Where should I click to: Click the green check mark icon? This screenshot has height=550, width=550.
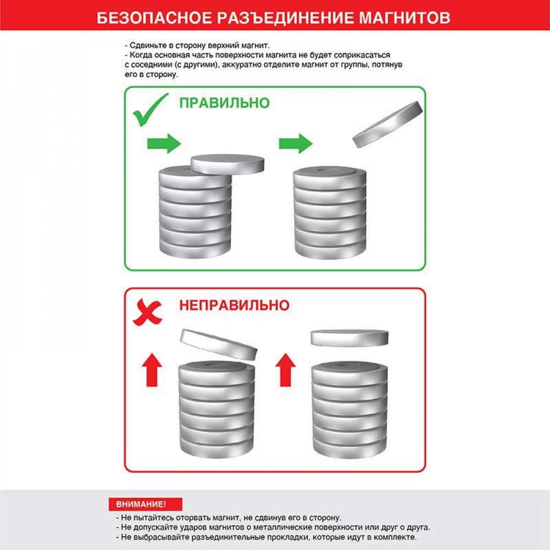tap(151, 110)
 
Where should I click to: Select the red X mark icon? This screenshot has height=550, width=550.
tap(147, 312)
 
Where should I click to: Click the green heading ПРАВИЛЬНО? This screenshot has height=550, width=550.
tap(224, 103)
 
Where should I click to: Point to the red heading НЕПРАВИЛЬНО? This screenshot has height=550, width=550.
tap(234, 305)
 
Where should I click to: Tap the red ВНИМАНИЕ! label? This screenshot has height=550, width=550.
tap(145, 504)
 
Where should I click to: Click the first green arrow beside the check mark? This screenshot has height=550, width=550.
tap(164, 143)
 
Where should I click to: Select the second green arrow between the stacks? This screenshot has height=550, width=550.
tap(296, 143)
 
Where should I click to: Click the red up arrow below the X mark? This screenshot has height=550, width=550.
tap(152, 370)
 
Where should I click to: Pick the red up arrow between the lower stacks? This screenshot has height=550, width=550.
tap(285, 370)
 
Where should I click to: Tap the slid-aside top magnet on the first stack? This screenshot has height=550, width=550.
tap(227, 164)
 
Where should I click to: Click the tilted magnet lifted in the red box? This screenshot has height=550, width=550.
tap(219, 344)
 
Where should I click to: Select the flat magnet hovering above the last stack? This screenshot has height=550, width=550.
tap(350, 338)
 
